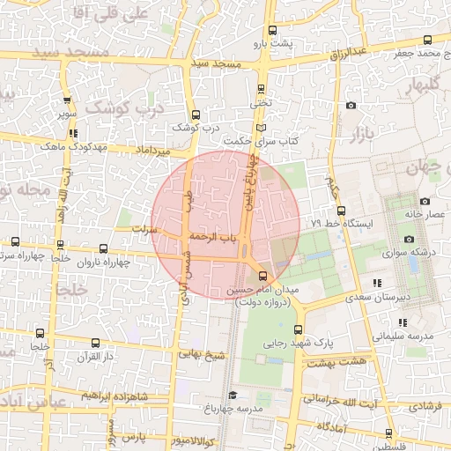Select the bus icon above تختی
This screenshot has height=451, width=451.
[x=260, y=88]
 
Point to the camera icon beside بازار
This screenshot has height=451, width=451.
[x=351, y=106]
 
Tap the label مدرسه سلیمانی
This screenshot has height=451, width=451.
[x=403, y=336]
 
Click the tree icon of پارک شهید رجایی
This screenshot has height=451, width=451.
[x=261, y=359]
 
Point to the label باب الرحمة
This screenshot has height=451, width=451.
[x=215, y=237]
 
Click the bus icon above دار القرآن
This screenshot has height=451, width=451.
[x=95, y=343]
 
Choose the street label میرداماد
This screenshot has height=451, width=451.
[x=152, y=152]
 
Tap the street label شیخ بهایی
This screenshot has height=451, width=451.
[x=203, y=353]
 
